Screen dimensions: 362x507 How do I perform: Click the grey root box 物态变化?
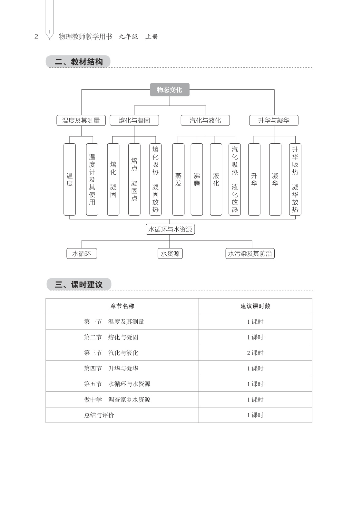pos(170,90)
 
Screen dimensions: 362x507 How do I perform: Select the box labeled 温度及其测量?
pos(81,120)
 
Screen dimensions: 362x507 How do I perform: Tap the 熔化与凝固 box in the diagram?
pos(134,120)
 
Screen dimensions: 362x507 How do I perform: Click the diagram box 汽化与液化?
pos(205,120)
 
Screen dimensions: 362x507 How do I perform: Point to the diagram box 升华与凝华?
pos(274,120)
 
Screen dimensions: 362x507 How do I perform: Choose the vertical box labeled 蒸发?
pos(178,179)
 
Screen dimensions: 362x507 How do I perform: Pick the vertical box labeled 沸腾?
pos(197,179)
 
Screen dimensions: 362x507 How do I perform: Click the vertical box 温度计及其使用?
pos(92,179)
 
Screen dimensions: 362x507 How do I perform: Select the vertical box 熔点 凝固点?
pos(134,179)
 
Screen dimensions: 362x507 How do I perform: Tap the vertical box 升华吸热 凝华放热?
pos(295,179)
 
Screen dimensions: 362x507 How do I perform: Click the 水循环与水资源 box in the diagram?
pos(170,229)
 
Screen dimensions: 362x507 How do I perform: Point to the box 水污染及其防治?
pos(250,254)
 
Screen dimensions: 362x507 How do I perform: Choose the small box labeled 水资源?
pos(170,254)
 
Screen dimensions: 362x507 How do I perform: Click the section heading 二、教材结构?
pos(78,62)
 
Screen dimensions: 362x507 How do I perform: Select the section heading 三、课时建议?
pos(79,285)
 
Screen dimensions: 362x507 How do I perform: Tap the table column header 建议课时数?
pos(255,306)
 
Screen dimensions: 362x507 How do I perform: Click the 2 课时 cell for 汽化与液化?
pos(255,353)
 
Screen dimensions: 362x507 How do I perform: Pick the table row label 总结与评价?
pos(99,415)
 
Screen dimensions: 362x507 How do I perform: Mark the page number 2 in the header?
pos(36,37)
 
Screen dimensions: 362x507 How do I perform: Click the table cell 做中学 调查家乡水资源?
pos(117,400)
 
